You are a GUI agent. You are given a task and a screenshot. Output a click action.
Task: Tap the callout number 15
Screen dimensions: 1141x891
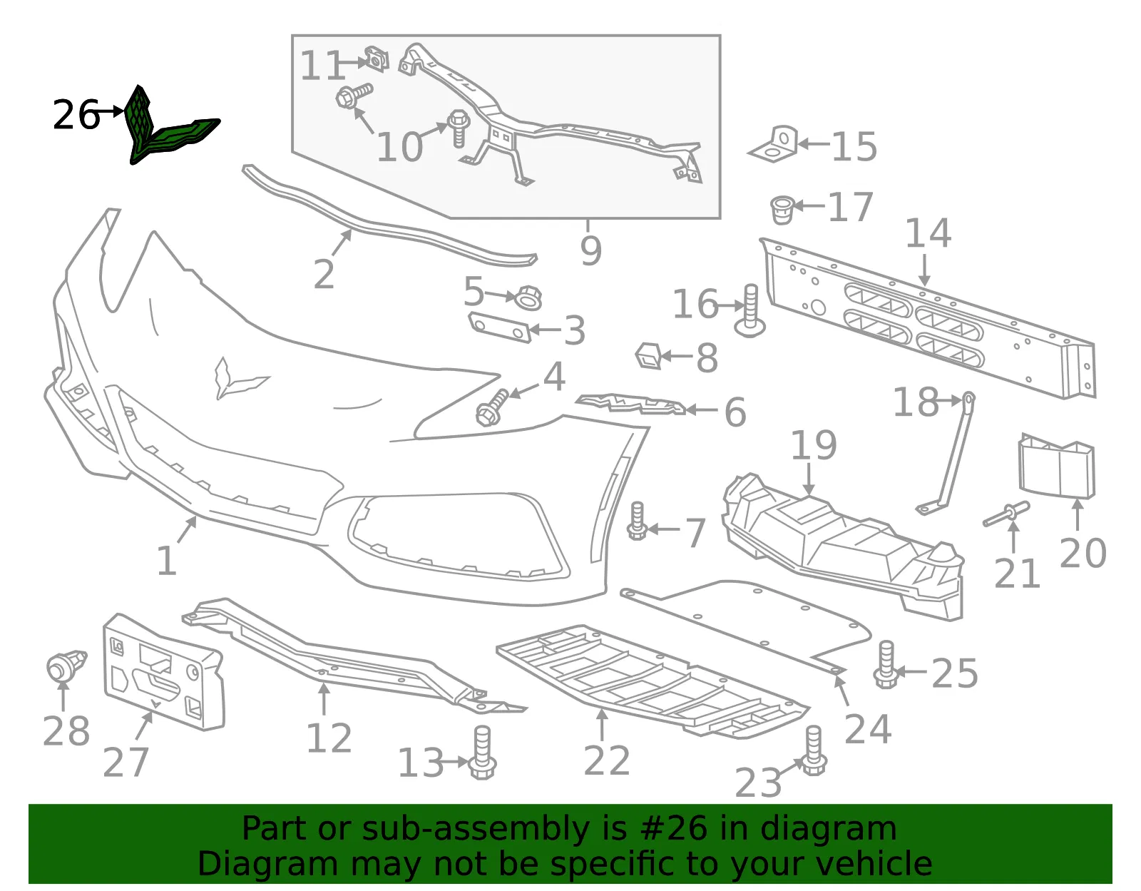(x=854, y=146)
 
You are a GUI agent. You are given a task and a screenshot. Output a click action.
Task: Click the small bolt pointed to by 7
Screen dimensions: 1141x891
(x=638, y=520)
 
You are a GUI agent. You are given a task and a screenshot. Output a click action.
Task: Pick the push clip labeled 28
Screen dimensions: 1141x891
(x=66, y=666)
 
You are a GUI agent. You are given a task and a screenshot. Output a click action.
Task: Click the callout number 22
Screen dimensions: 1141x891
(x=606, y=760)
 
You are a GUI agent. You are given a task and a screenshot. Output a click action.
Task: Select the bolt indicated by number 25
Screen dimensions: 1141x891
(x=886, y=664)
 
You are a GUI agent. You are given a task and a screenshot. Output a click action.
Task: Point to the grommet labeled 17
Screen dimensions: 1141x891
(x=782, y=210)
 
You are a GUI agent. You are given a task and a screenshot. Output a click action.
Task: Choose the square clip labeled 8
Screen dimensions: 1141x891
(x=649, y=355)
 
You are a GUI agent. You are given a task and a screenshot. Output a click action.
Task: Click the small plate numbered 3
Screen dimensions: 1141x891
(x=499, y=327)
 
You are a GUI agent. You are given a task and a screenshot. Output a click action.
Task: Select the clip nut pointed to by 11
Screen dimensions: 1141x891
(x=377, y=58)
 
